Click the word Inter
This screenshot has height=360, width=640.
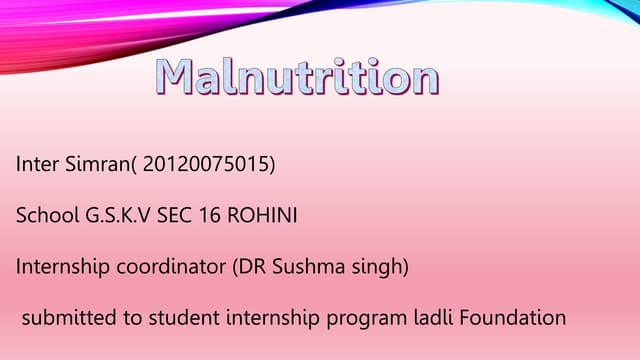point(37,163)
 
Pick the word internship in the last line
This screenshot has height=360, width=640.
point(267,319)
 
